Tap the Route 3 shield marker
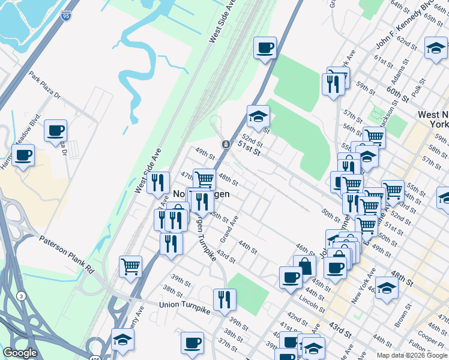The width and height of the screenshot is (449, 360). pos(22,295)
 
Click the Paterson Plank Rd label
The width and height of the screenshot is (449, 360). pos(67,254)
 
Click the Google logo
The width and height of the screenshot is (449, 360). pos(20,353)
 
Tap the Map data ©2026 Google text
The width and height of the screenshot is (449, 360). pos(412,355)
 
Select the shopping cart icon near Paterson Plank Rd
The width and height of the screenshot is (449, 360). pos(130,266)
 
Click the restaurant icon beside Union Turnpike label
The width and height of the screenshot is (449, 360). pos(224,299)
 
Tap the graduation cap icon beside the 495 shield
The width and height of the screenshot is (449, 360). pos(122,339)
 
